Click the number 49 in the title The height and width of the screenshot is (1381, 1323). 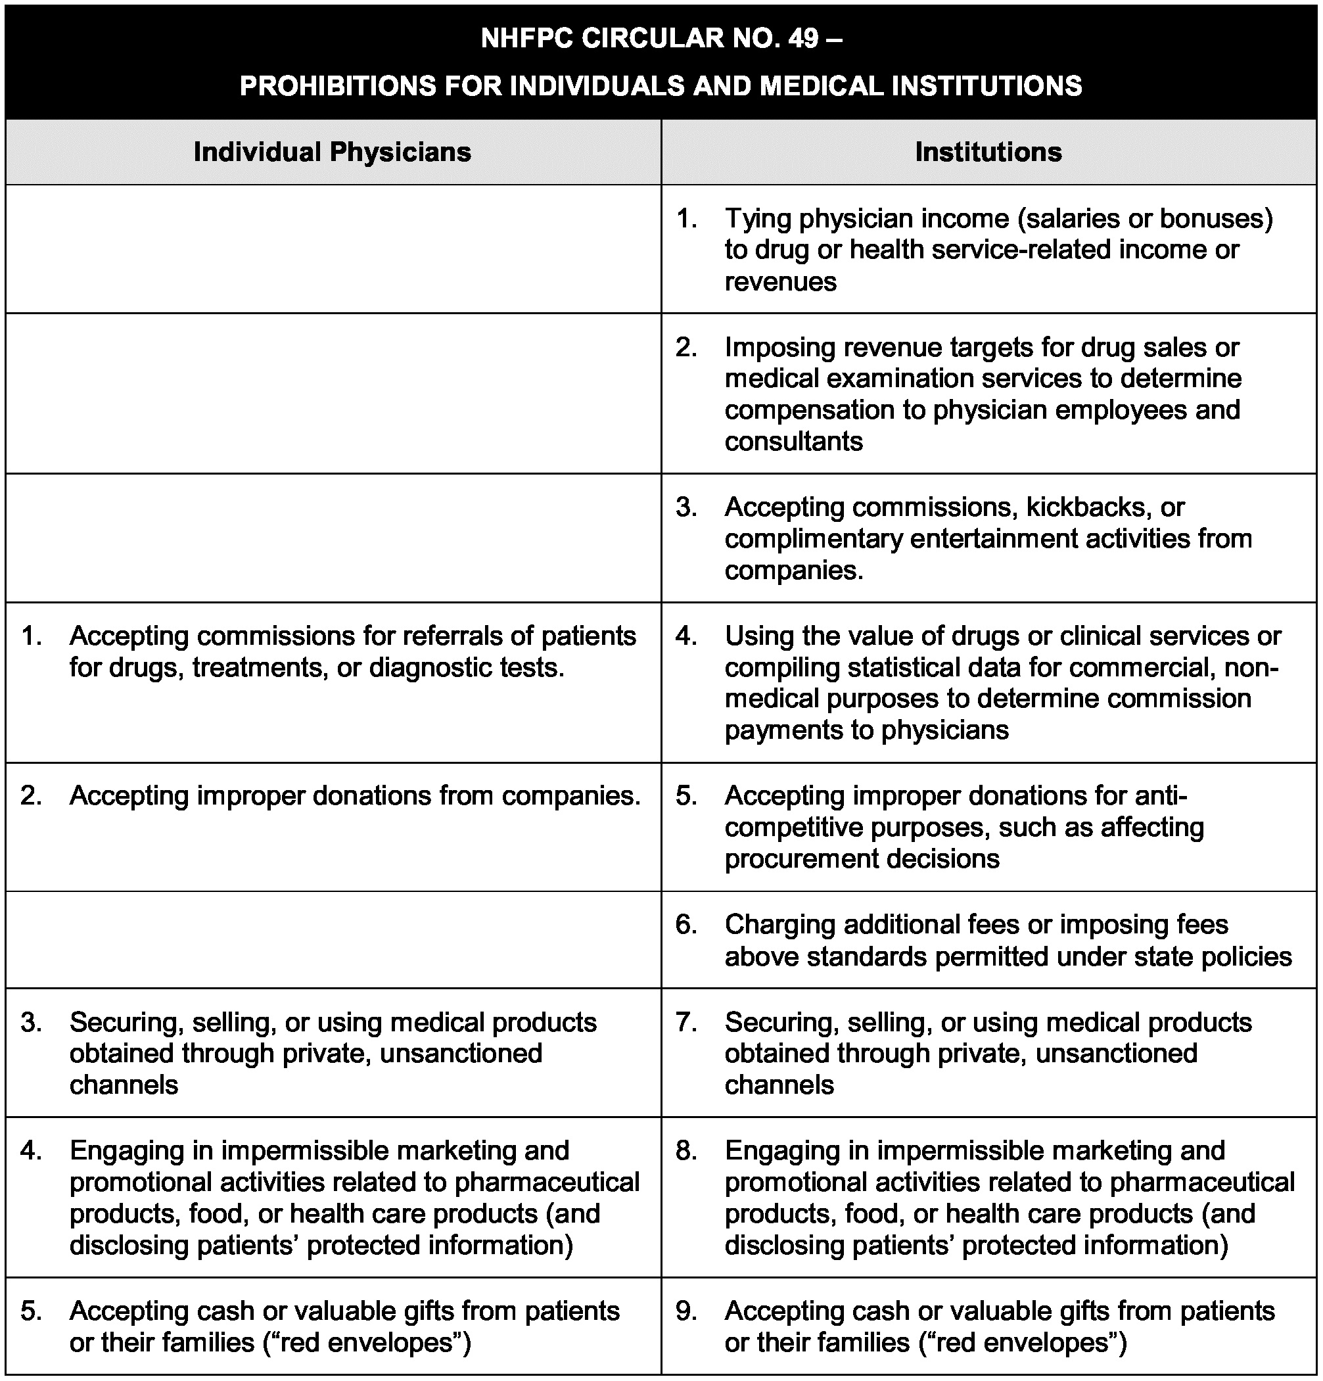[803, 38]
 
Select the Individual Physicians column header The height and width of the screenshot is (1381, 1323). [332, 152]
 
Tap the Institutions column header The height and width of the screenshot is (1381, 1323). [988, 152]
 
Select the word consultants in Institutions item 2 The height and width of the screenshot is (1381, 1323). [793, 442]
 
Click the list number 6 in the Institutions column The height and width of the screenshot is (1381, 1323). [686, 924]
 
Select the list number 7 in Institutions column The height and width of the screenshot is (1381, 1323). [686, 1022]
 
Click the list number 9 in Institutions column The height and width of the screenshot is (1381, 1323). [686, 1311]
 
